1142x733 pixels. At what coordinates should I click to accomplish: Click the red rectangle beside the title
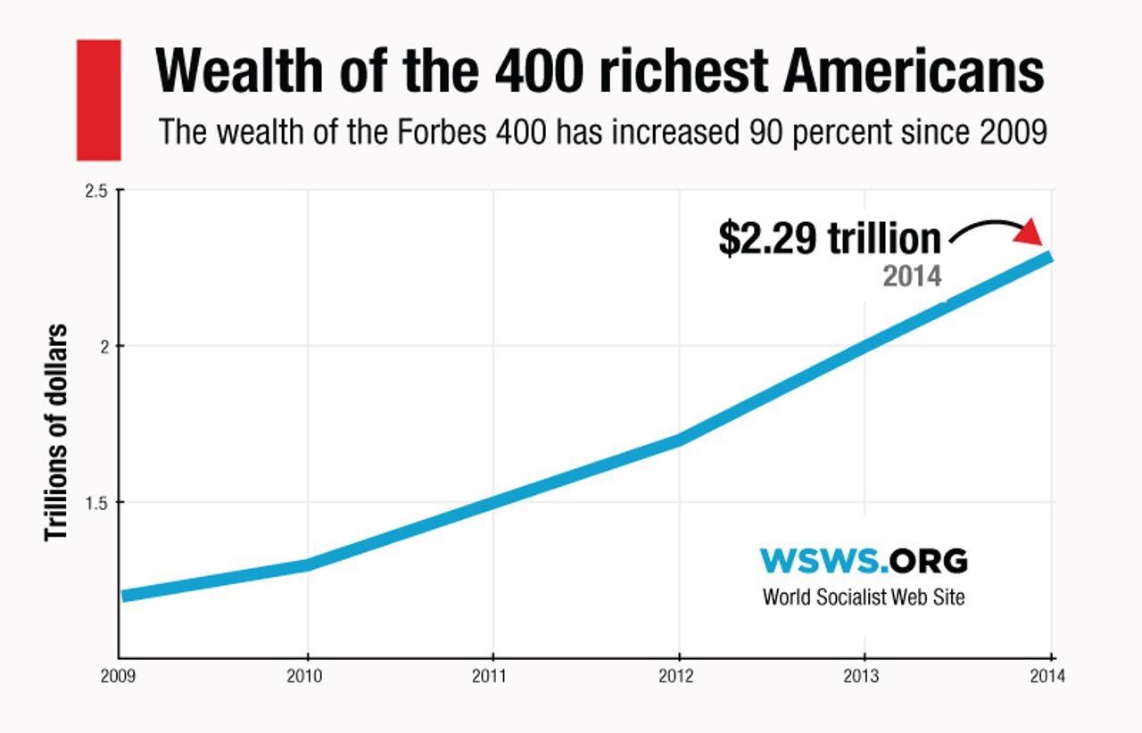point(98,100)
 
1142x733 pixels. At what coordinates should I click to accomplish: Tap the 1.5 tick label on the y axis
point(96,503)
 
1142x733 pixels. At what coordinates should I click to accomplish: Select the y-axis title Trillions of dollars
point(56,432)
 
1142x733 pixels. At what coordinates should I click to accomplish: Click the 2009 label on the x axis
point(119,677)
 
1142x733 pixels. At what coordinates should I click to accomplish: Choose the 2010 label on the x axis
point(305,677)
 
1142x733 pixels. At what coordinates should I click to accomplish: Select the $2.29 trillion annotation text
point(830,240)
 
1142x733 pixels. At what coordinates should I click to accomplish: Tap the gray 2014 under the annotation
point(912,276)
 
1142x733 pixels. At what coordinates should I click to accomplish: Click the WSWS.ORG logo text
point(863,561)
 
